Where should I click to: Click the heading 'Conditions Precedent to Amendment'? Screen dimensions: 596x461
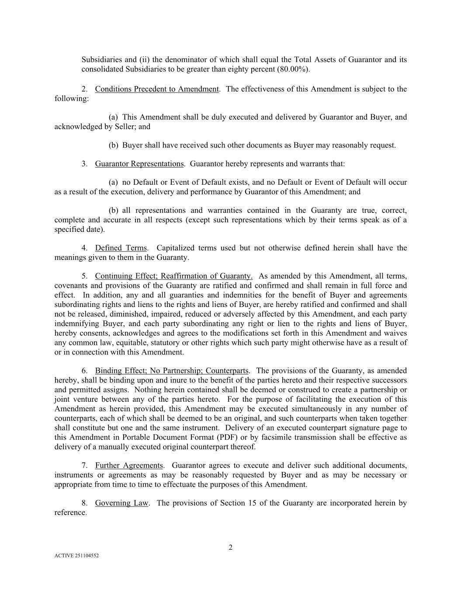coord(157,89)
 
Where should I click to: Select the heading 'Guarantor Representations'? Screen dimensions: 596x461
coord(139,164)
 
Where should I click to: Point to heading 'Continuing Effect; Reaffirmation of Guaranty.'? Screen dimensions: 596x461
coord(173,276)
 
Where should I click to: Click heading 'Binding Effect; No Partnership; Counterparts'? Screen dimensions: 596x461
coord(172,371)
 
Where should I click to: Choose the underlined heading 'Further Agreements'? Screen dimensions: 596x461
coord(129,465)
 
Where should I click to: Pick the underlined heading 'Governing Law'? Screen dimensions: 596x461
coord(121,503)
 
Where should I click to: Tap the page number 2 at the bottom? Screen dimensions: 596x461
coord(230,548)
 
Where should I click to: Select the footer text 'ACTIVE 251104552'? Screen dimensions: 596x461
coord(76,556)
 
